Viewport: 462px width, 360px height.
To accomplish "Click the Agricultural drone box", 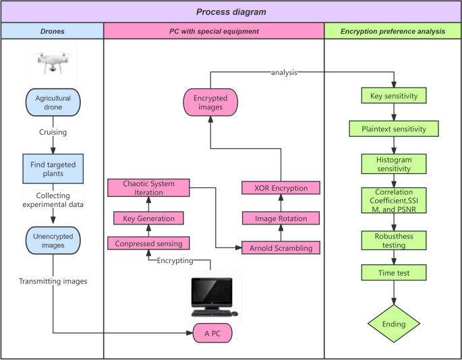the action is (53, 102).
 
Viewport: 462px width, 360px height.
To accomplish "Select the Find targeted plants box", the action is (53, 169).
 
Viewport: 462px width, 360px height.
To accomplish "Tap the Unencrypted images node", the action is (53, 241).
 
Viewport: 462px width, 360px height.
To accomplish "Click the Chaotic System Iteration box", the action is (148, 187).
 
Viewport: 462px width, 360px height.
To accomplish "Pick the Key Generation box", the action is (148, 218).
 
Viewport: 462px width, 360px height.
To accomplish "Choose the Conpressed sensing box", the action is (148, 243).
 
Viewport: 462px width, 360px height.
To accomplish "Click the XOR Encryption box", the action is (281, 188).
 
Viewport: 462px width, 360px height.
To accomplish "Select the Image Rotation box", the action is (281, 218).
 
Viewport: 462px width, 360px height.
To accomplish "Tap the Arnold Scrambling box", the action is (281, 248).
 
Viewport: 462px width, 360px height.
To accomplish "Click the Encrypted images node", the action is (210, 102).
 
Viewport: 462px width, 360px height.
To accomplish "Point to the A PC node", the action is (212, 333).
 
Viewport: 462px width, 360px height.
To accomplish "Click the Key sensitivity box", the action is (394, 96).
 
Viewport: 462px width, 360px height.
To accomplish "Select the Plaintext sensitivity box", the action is (394, 129).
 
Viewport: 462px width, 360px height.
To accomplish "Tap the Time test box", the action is (394, 272).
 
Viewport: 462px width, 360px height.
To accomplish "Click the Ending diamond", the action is (394, 324).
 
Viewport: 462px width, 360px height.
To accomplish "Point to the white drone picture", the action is (53, 62).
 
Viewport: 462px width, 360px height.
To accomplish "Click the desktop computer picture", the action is (214, 297).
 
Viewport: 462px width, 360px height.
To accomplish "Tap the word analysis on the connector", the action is (284, 72).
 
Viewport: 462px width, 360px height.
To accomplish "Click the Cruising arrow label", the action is (53, 131).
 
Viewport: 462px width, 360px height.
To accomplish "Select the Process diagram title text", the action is (231, 11).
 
